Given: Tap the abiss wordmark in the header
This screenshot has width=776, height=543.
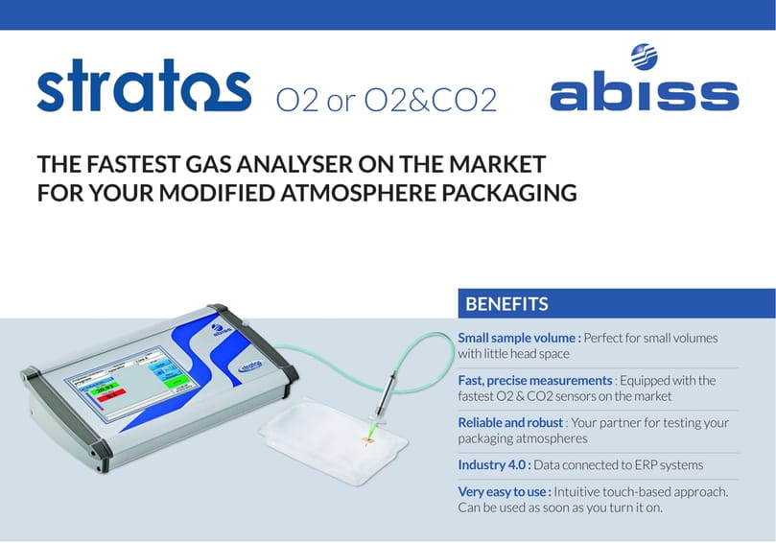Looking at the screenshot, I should [x=644, y=94].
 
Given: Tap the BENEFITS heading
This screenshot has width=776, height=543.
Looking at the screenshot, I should [x=506, y=304].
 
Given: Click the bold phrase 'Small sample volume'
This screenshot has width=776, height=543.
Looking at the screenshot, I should [x=515, y=338].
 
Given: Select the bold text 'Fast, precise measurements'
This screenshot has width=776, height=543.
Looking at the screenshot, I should [x=534, y=380].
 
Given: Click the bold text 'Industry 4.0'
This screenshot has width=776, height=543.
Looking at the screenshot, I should [x=496, y=464].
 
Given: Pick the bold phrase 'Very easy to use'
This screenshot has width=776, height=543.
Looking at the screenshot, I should [x=504, y=491].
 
